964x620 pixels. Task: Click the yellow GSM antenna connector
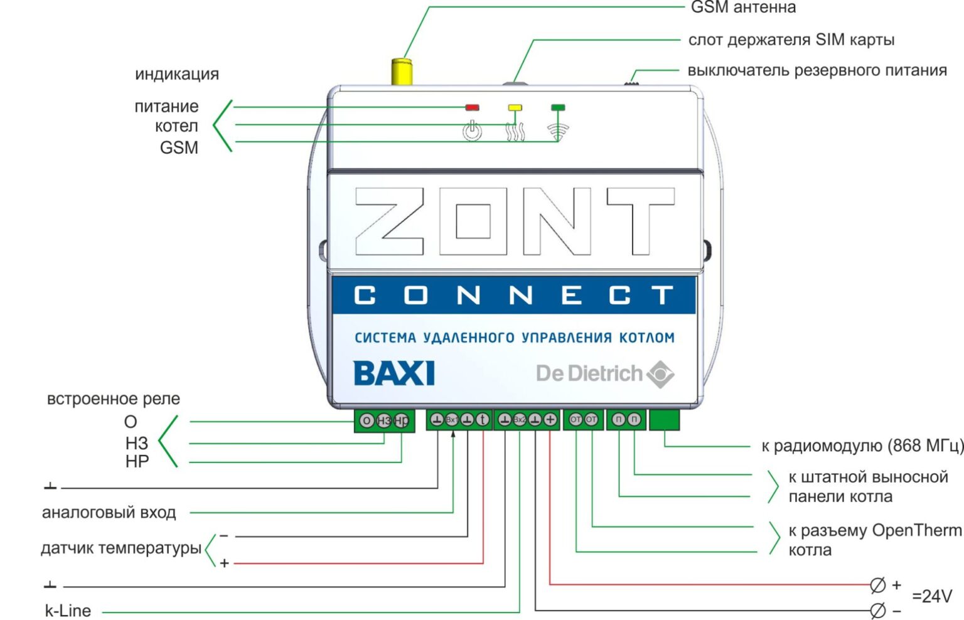pos(401,72)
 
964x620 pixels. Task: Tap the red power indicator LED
pos(472,108)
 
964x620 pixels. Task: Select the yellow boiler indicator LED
pos(515,108)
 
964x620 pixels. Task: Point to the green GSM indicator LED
pos(557,108)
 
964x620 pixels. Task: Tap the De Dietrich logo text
pos(589,373)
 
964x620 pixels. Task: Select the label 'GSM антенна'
pos(743,8)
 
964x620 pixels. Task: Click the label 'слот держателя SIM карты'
pos(791,40)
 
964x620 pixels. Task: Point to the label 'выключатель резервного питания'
pos(817,70)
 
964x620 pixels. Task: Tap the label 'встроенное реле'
pos(114,399)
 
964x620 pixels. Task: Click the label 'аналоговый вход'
pos(109,513)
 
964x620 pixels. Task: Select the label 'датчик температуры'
pos(121,548)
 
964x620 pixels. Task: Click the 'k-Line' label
pos(68,611)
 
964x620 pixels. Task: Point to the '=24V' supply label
pos(932,596)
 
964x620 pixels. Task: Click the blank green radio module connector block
pos(665,420)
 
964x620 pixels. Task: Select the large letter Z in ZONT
pos(389,221)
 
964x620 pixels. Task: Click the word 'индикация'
pos(177,74)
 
